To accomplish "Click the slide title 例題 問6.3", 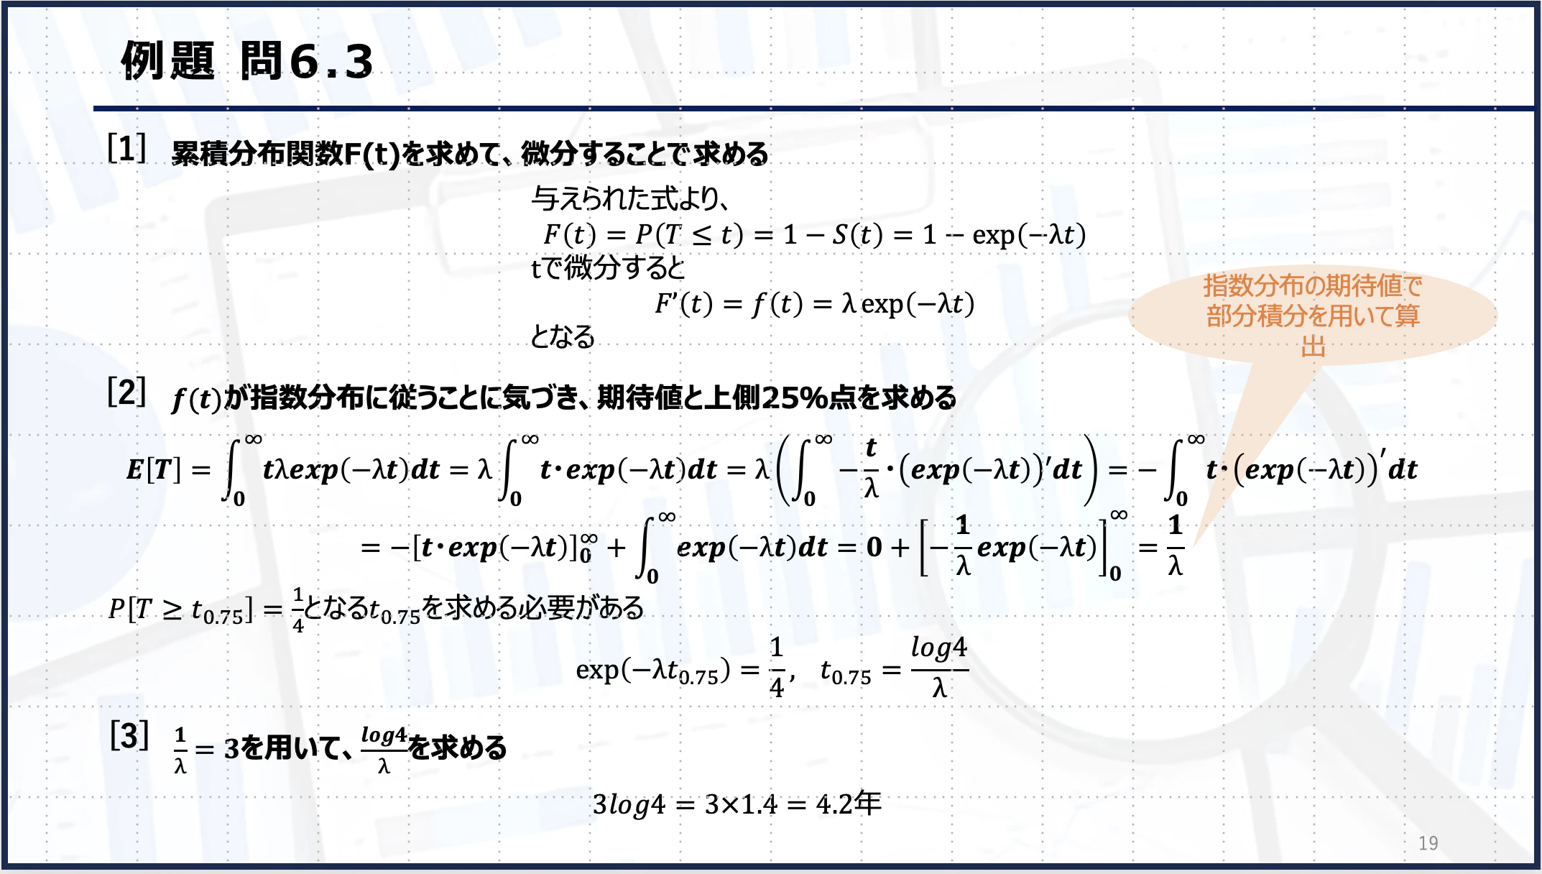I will [247, 60].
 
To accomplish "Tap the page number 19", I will [1428, 842].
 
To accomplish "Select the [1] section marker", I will [126, 148].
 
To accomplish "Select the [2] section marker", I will [126, 392].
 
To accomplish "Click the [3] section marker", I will [129, 735].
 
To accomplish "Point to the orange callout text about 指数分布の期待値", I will [1313, 315].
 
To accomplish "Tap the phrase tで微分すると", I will [608, 268].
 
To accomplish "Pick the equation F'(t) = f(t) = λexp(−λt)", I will [814, 304].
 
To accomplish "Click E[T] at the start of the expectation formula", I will [153, 470].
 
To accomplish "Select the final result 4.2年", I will [849, 804].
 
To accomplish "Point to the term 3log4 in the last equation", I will [629, 804].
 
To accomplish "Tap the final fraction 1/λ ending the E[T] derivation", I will [1175, 546].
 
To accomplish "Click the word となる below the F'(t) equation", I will [563, 336].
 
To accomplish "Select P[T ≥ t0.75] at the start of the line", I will [180, 609].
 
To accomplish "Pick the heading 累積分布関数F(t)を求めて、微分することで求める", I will [470, 153].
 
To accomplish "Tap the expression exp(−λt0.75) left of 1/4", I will [652, 671].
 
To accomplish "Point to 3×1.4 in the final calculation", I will [740, 804].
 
